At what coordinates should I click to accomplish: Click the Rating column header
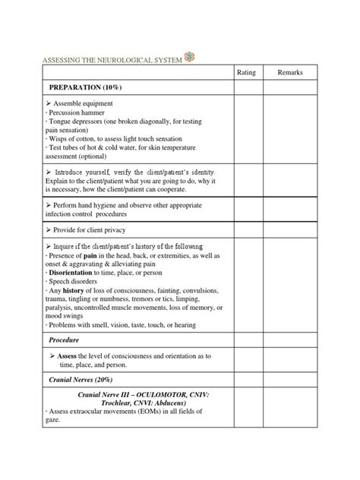coord(247,72)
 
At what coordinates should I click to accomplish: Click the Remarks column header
coord(290,72)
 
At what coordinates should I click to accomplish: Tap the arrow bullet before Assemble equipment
coord(49,103)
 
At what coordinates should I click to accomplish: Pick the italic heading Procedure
coord(65,339)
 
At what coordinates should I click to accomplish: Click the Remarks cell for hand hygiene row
coord(290,209)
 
